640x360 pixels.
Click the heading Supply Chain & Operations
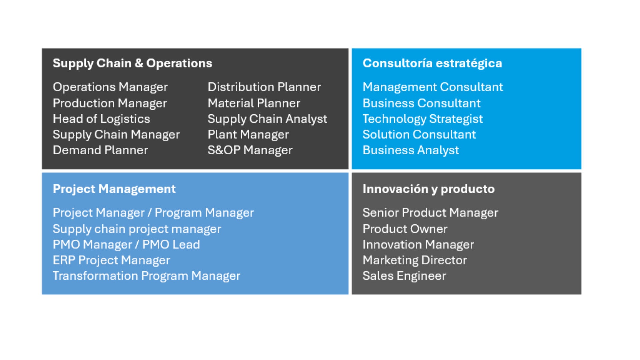click(x=132, y=63)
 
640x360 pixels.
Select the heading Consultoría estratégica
click(x=432, y=63)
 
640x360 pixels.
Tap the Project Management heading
click(x=114, y=189)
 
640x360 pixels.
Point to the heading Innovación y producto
click(x=429, y=189)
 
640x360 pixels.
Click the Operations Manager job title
click(x=110, y=87)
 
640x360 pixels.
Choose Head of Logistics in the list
click(x=101, y=119)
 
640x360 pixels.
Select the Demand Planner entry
click(x=100, y=150)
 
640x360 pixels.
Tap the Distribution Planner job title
click(x=264, y=87)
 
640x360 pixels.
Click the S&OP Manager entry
click(x=250, y=150)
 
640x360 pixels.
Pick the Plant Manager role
click(x=248, y=135)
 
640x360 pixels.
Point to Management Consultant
click(x=433, y=87)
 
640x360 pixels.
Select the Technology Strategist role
click(x=423, y=119)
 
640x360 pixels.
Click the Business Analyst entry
click(x=411, y=150)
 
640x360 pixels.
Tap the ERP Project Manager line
click(x=111, y=260)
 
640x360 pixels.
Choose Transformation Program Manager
click(x=146, y=276)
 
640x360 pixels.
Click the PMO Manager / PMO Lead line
click(x=126, y=245)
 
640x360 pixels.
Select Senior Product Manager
click(x=430, y=213)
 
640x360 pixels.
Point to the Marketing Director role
click(x=415, y=260)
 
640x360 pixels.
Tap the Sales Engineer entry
click(x=404, y=276)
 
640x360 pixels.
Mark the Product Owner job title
click(x=405, y=229)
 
